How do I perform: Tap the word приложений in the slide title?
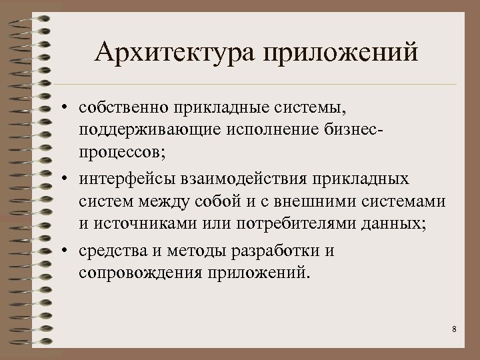coord(341,52)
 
